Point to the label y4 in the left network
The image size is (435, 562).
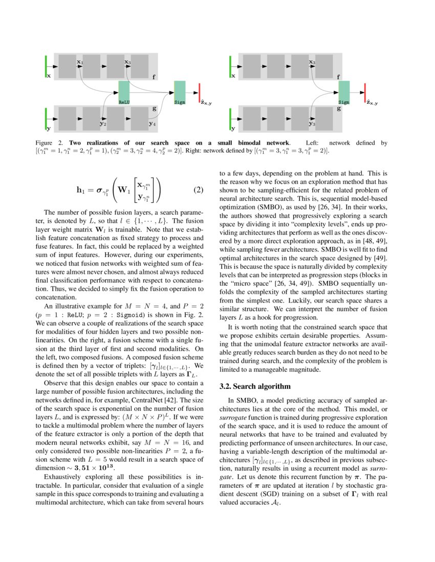pos(153,123)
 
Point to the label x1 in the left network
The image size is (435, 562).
pos(80,62)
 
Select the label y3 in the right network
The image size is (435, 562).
pos(312,123)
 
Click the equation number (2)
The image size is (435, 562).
pos(199,191)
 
